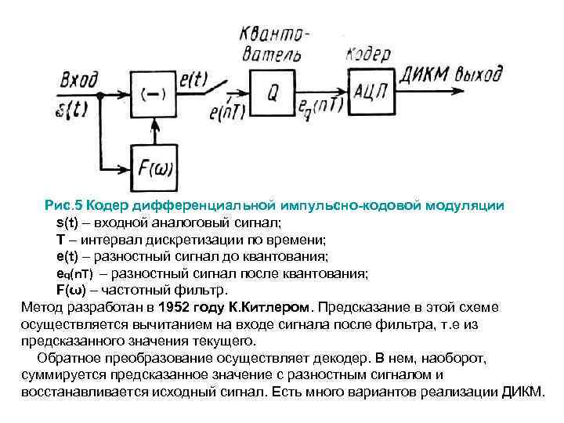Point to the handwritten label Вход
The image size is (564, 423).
tap(79, 79)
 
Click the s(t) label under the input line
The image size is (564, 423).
tap(75, 108)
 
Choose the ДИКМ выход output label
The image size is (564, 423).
tap(451, 75)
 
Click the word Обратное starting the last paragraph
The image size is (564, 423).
tap(67, 359)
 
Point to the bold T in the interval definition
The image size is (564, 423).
tap(60, 239)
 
